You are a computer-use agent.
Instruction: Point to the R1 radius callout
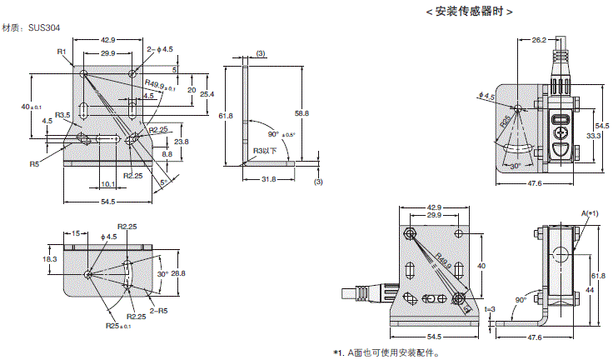tap(61, 52)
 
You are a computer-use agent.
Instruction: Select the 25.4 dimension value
tap(207, 94)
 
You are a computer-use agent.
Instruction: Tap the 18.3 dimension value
tap(50, 260)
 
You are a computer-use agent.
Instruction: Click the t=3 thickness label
tap(491, 308)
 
